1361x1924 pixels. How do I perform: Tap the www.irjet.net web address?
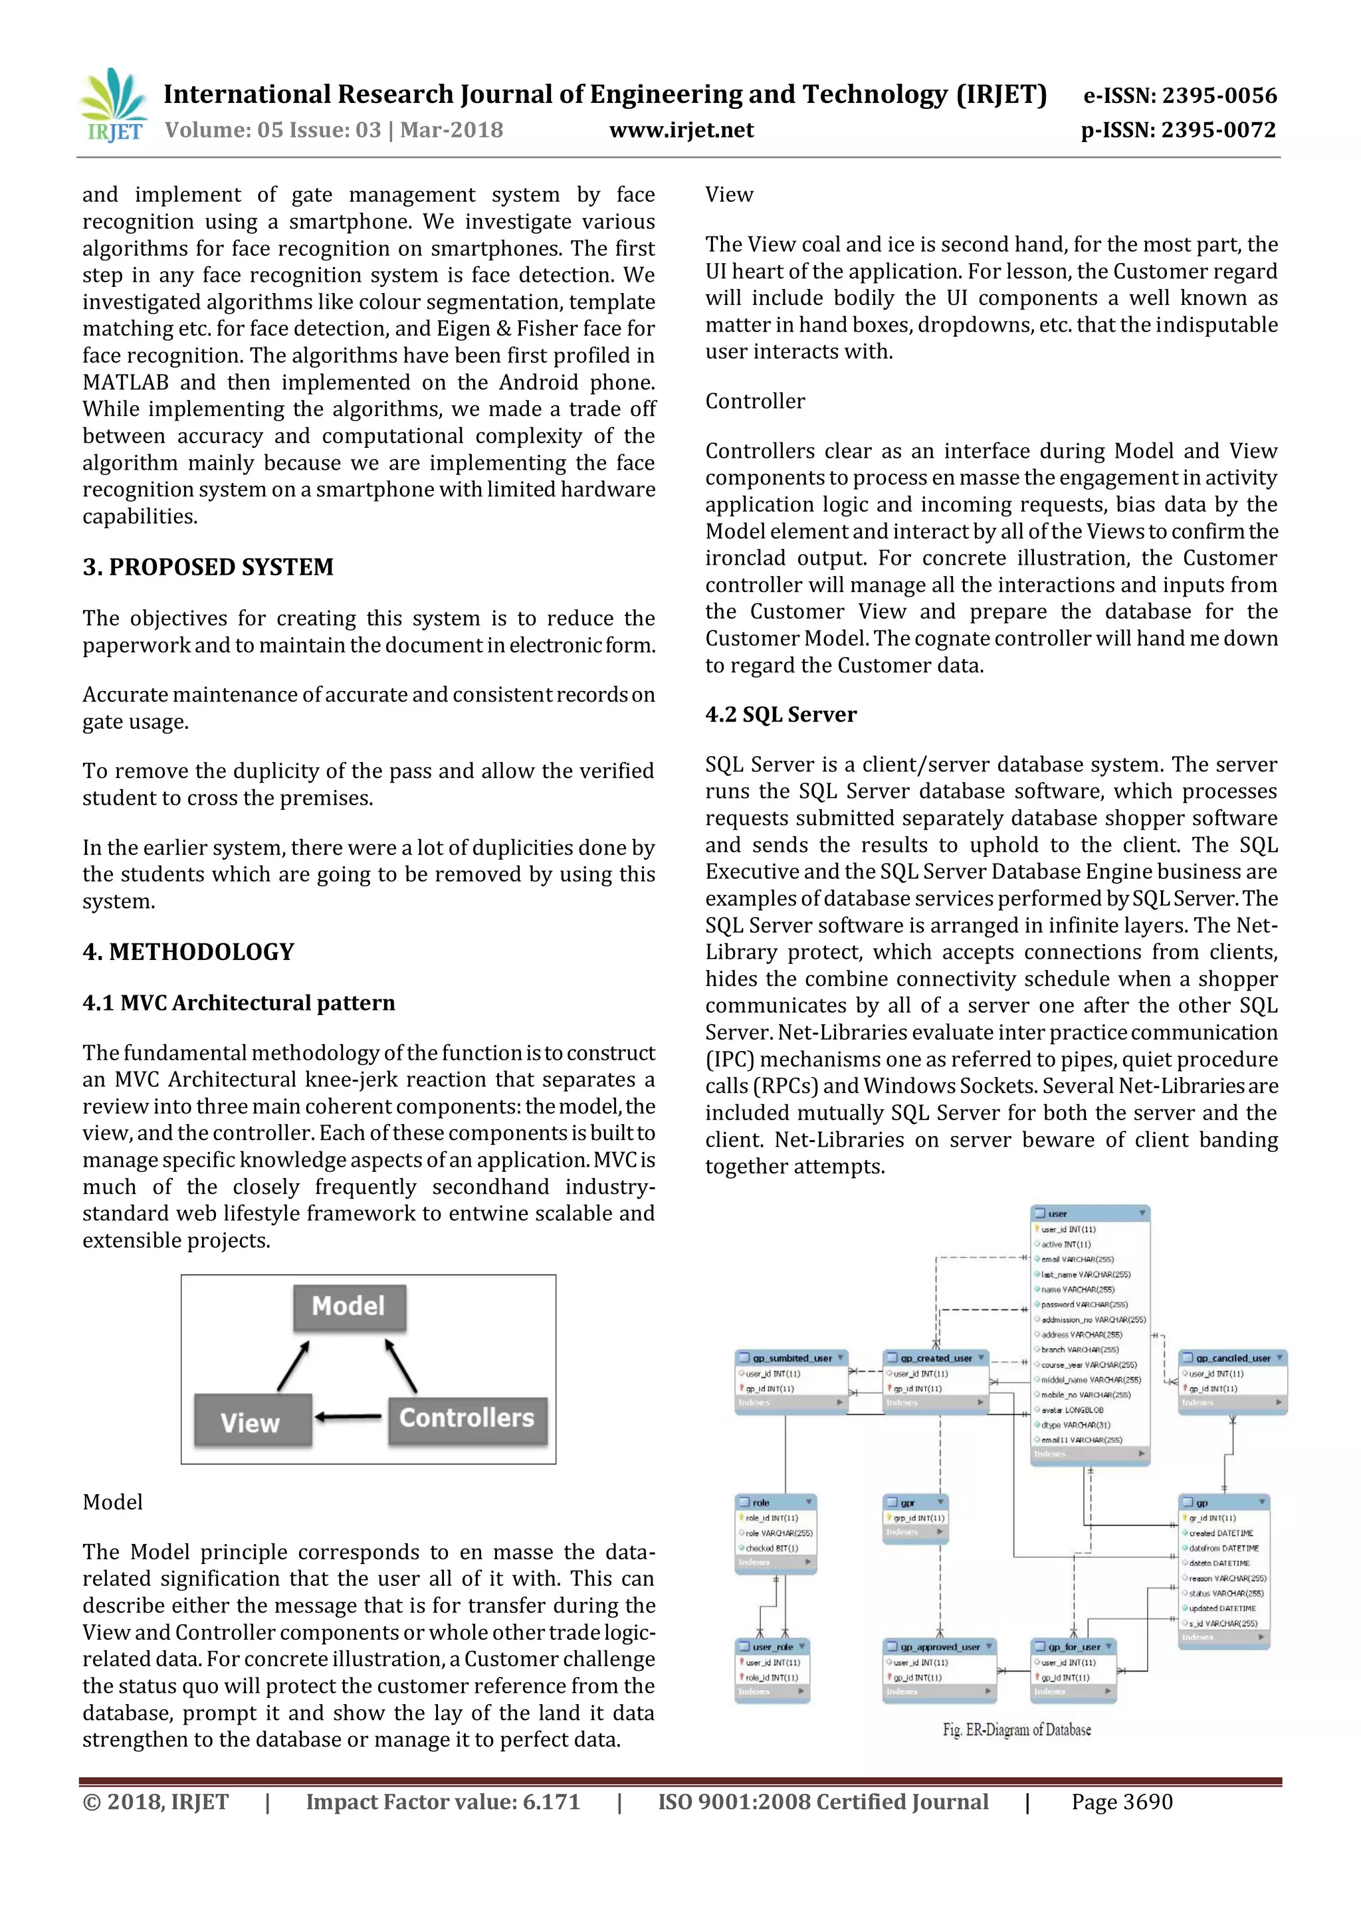(680, 130)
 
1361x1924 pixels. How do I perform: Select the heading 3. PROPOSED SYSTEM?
(208, 567)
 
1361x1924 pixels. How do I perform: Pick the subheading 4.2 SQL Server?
(780, 715)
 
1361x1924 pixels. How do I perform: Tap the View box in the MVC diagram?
(251, 1422)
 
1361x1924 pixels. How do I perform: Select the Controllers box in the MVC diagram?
(467, 1418)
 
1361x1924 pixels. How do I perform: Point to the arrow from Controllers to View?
(350, 1418)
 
